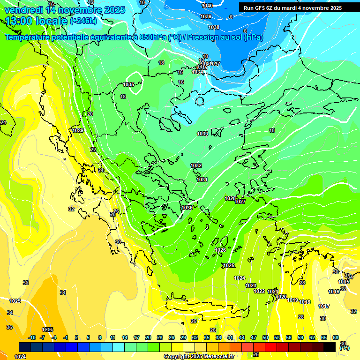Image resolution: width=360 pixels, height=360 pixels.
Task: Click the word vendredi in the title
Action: coord(23,10)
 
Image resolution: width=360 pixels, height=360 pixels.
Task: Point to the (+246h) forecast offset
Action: coord(83,21)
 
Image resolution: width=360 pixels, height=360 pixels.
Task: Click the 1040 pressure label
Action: coord(207,6)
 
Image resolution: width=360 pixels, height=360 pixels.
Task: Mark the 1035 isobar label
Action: coord(129,84)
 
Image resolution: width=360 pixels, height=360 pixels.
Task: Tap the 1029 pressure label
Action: coord(78,130)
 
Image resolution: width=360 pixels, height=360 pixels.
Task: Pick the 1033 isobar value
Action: coord(202,134)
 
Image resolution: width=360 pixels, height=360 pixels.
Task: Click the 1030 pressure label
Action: coord(187,208)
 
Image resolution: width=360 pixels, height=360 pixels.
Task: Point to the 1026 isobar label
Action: coord(221,250)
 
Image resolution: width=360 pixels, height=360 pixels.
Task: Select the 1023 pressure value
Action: coord(251,285)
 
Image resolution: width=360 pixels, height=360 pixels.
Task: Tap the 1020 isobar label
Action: coord(281,297)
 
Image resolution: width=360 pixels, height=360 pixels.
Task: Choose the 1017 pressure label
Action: coord(324,307)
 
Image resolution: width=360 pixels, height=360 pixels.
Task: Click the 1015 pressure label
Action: coord(344,282)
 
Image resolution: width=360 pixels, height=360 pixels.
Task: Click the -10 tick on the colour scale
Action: coord(32,337)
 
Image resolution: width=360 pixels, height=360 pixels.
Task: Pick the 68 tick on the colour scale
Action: coord(336,337)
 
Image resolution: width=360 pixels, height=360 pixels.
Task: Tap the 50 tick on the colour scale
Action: coord(265,337)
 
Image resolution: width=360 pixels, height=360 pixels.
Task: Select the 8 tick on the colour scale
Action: coord(100,337)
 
